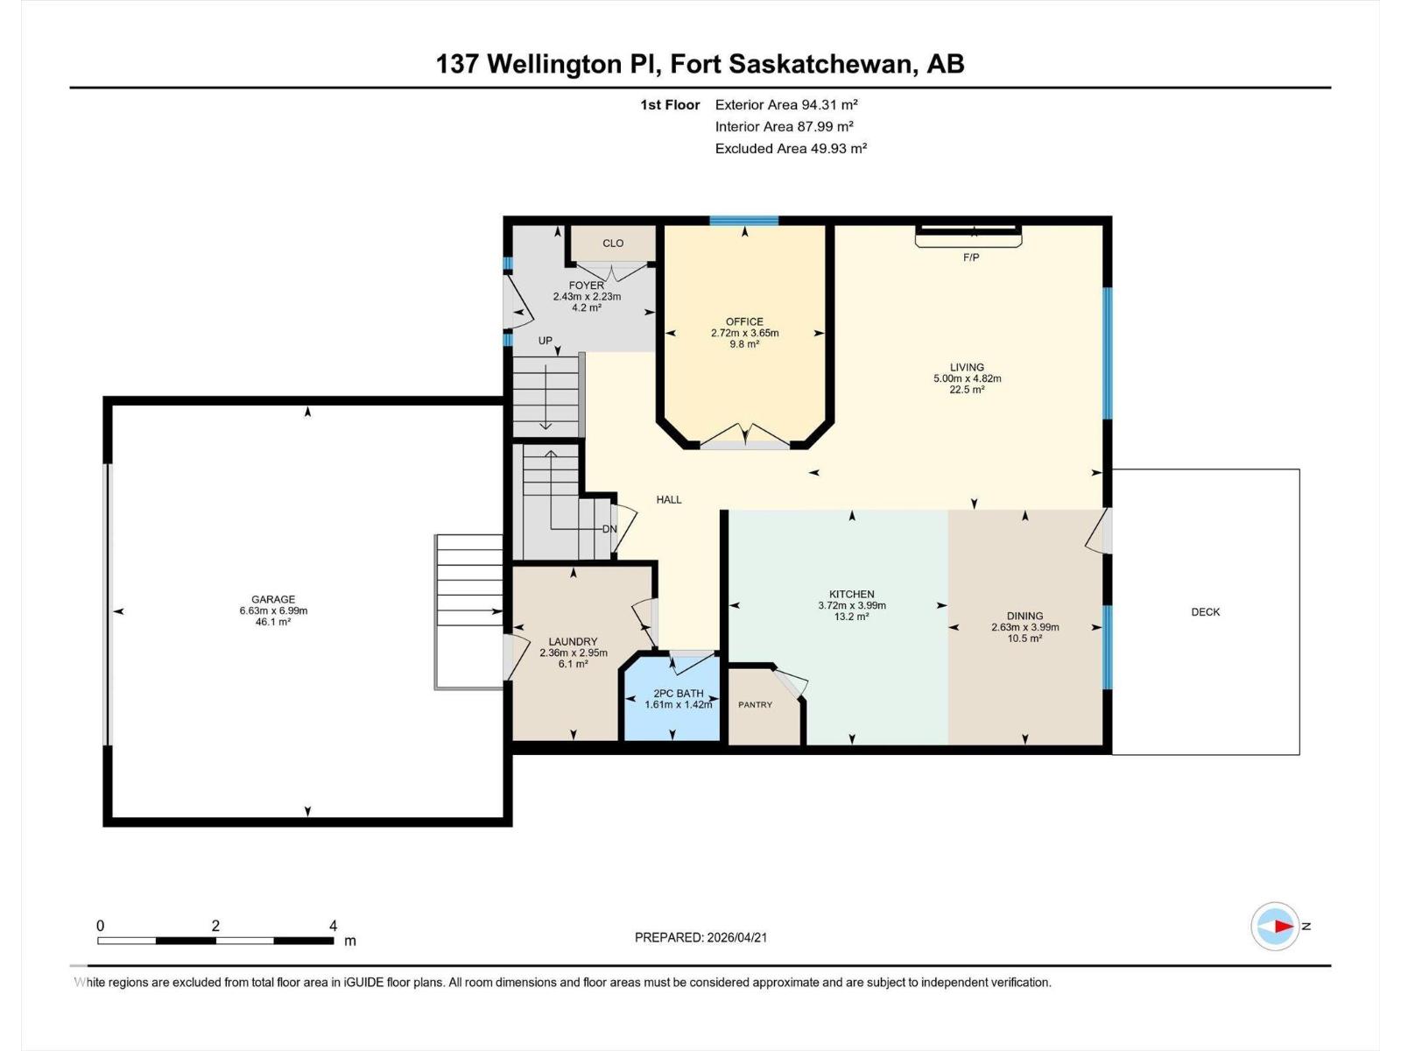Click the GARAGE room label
tap(273, 600)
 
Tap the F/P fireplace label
tap(970, 257)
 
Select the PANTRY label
tap(755, 705)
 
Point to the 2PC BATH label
tap(678, 694)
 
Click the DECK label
tap(1205, 612)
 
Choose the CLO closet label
tap(613, 243)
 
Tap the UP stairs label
tap(546, 341)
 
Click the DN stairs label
tap(609, 529)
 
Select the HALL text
tap(669, 500)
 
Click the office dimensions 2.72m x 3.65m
tap(744, 333)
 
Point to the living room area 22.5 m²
tap(967, 390)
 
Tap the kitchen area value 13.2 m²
tap(851, 617)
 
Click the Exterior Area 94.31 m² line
tap(785, 104)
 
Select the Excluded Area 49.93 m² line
tap(791, 149)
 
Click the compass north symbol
tap(1276, 926)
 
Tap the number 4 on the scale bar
tap(333, 926)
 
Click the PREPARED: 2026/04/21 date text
tap(700, 937)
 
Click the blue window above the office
tap(743, 221)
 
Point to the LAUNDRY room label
tap(573, 642)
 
